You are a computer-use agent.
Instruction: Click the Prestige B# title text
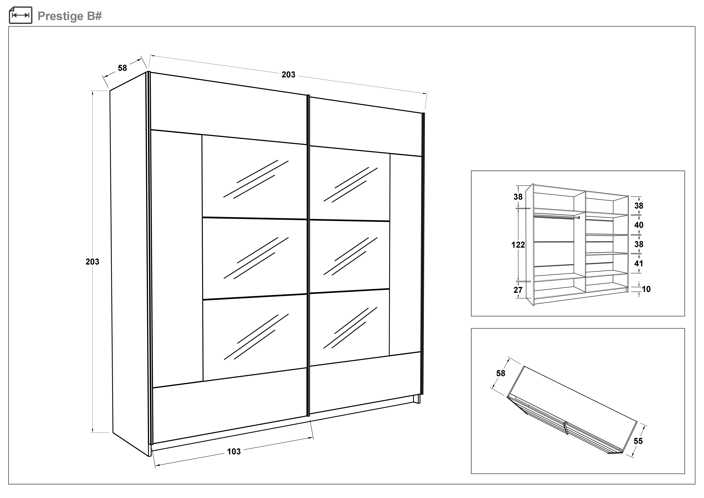70,16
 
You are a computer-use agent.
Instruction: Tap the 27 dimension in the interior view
518,290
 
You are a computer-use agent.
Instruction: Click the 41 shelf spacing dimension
639,263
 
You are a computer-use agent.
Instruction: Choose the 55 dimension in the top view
638,441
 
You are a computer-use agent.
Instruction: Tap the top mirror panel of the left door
254,178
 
